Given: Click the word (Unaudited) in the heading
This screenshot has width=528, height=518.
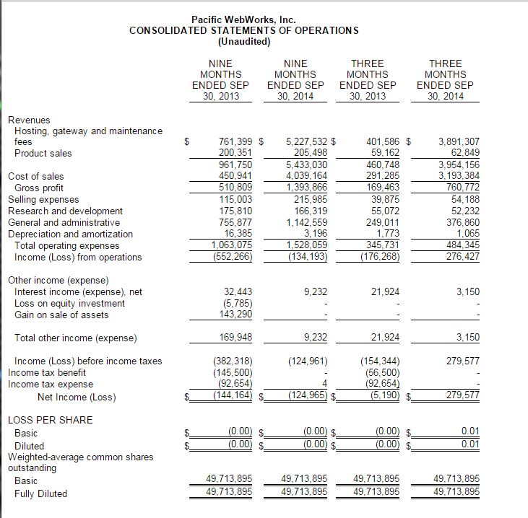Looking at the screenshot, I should click(x=243, y=41).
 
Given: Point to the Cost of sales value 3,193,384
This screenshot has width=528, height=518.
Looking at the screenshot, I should click(x=454, y=176).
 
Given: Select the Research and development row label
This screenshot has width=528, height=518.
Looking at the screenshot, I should click(x=65, y=211).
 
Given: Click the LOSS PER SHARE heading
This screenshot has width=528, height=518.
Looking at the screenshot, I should click(x=50, y=420).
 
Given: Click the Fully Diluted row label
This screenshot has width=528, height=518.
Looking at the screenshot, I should click(x=40, y=493).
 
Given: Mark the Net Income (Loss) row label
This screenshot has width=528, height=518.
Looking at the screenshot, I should click(x=76, y=397).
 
